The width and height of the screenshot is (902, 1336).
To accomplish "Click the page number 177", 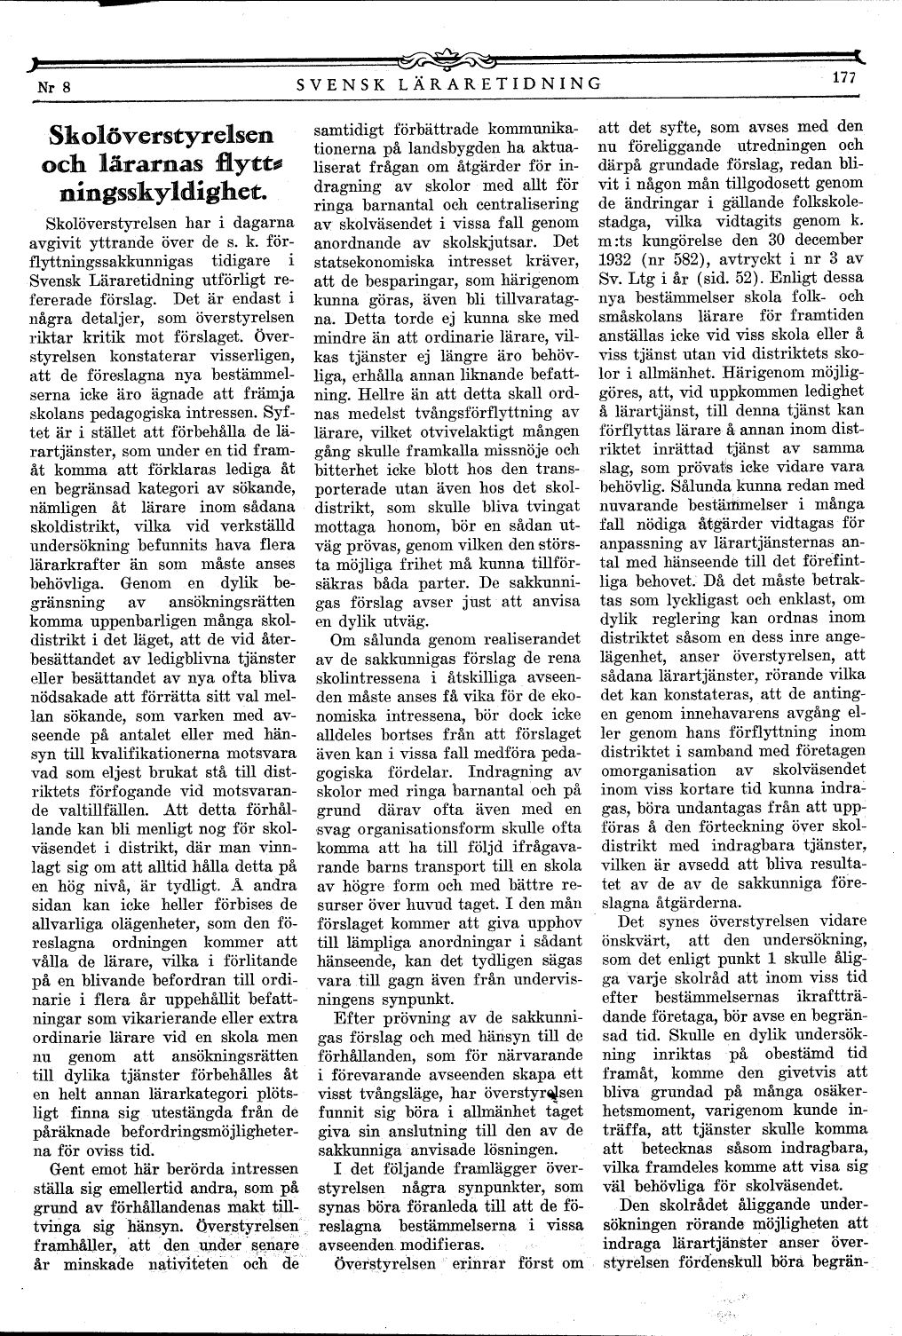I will click(x=843, y=77).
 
